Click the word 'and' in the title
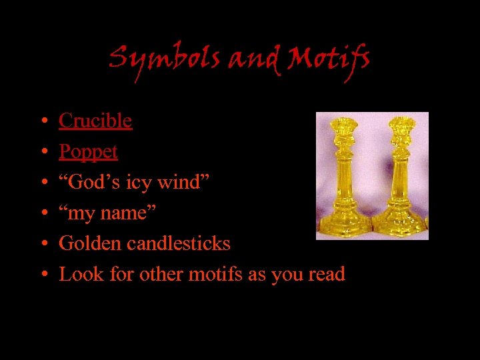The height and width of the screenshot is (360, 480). (x=249, y=61)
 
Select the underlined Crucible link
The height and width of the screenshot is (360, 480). (x=95, y=121)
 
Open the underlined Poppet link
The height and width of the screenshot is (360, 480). (x=88, y=152)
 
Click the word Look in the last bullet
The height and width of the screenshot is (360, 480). (x=77, y=274)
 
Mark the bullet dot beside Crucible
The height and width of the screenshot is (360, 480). (x=42, y=122)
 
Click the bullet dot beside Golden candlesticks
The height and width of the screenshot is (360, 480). (x=42, y=245)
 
